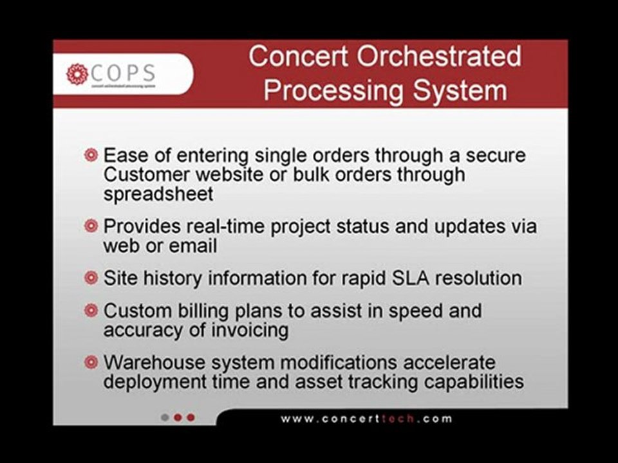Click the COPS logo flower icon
tap(77, 74)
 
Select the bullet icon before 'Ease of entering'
tap(91, 156)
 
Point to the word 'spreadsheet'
tap(158, 194)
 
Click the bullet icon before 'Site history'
tap(91, 278)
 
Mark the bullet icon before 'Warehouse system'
tap(91, 362)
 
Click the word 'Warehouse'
tap(154, 362)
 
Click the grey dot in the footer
tap(165, 417)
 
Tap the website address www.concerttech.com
tap(366, 418)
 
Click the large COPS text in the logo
tap(124, 72)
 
